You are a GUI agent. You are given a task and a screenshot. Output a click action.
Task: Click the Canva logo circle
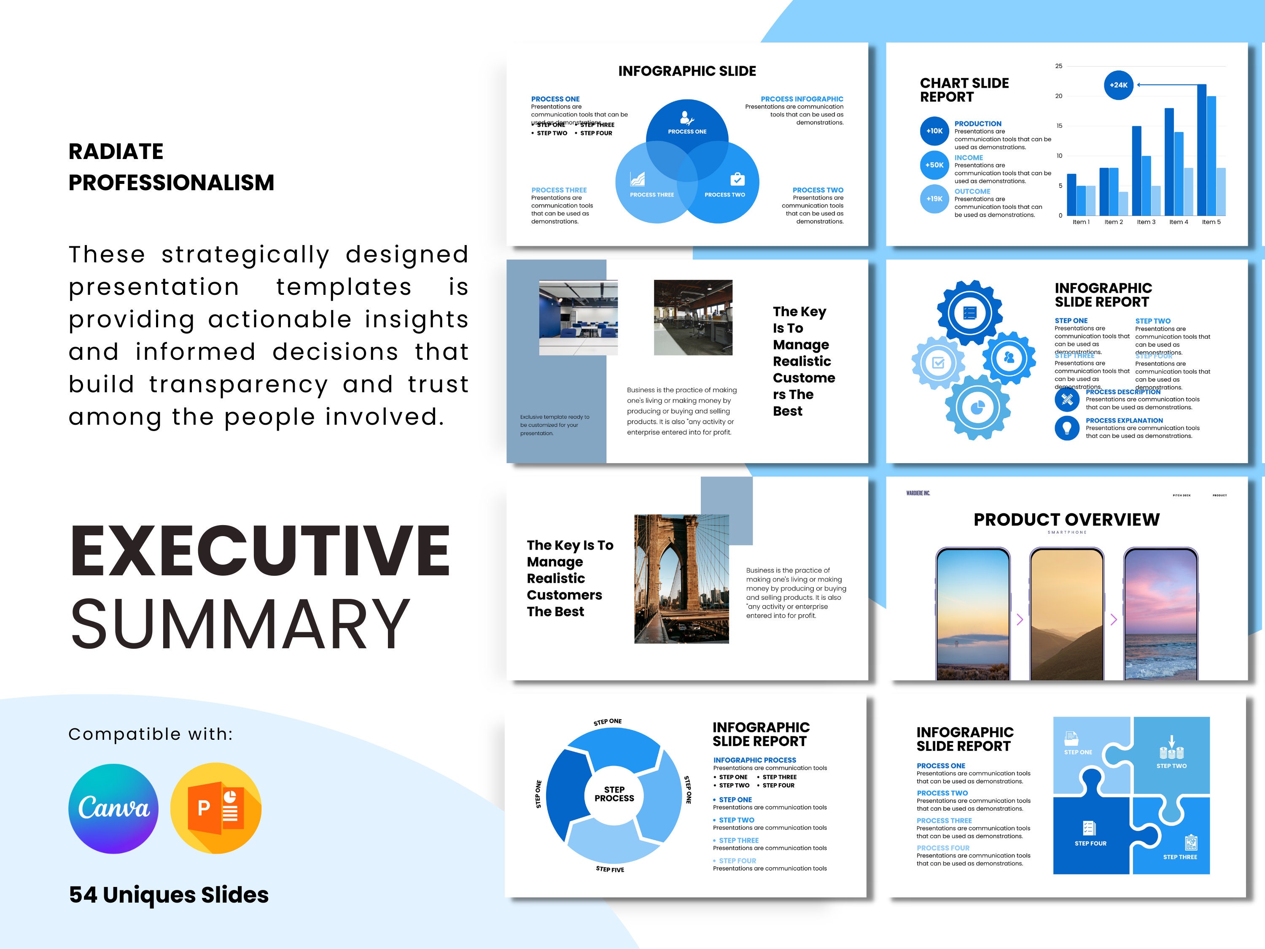point(113,808)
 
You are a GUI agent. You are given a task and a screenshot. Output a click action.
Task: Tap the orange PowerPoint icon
point(216,808)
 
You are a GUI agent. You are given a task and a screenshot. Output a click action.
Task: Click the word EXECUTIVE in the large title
point(260,551)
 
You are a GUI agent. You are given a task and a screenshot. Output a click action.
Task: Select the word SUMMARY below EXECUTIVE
point(240,623)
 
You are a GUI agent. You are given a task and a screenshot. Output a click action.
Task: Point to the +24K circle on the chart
point(1118,85)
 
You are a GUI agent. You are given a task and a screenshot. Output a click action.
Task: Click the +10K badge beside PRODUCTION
point(934,131)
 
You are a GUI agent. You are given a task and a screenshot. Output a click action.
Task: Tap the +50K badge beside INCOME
point(934,165)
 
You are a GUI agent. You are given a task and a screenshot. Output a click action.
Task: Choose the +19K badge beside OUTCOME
point(934,199)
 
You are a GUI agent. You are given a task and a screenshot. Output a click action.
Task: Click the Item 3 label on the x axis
point(1146,222)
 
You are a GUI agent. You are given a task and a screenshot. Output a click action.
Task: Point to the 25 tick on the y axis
point(1058,66)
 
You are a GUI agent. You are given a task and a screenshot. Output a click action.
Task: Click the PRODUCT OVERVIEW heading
point(1066,519)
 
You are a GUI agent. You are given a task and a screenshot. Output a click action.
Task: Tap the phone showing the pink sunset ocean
point(1160,615)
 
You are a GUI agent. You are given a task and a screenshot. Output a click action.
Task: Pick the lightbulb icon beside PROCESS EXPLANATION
point(1066,428)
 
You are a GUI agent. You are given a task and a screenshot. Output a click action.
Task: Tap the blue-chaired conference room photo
point(578,318)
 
